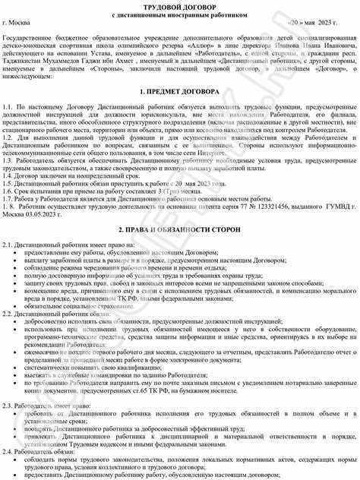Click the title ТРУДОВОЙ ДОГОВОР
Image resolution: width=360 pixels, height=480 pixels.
(180, 6)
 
